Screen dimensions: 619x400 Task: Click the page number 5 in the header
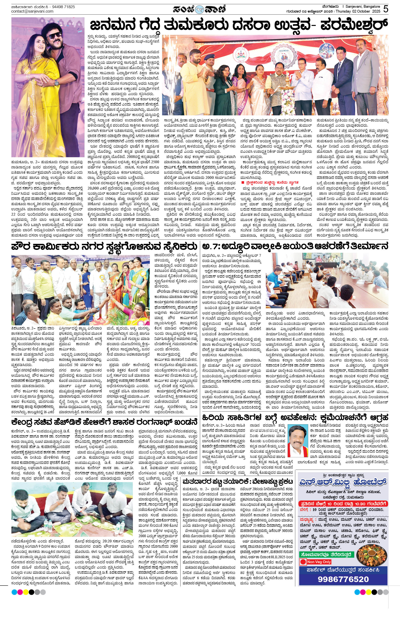(x=386, y=9)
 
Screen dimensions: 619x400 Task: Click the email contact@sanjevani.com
(x=33, y=11)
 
